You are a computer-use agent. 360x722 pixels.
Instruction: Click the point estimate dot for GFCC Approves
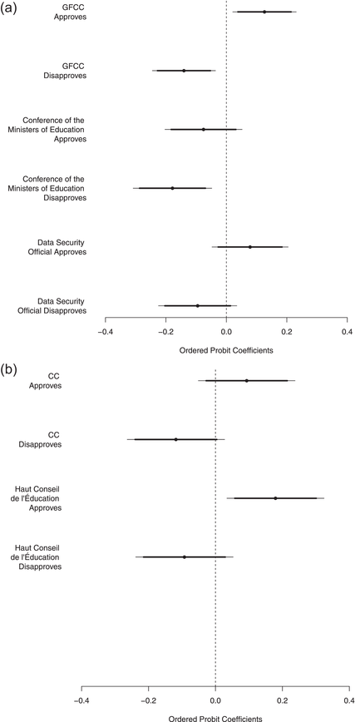point(264,12)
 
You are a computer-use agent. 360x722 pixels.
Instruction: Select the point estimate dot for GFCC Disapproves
point(184,71)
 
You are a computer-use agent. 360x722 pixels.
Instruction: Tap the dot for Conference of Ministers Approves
point(203,129)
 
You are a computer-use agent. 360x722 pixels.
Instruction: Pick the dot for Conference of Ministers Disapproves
point(172,188)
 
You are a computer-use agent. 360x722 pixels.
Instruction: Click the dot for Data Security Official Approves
point(249,247)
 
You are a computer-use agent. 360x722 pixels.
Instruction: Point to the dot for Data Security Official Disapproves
point(197,305)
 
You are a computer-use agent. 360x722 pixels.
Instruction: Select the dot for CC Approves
point(246,380)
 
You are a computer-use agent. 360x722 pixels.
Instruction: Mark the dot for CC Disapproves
point(175,439)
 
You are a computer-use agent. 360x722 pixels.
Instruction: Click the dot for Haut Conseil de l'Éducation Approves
point(275,498)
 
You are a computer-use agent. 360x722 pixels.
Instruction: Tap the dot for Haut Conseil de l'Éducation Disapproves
point(184,556)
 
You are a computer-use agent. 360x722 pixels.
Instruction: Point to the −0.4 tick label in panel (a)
point(105,331)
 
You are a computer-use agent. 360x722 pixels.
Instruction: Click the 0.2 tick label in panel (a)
point(287,331)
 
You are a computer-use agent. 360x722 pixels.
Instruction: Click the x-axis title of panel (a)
point(225,349)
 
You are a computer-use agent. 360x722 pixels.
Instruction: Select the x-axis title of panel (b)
point(215,717)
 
